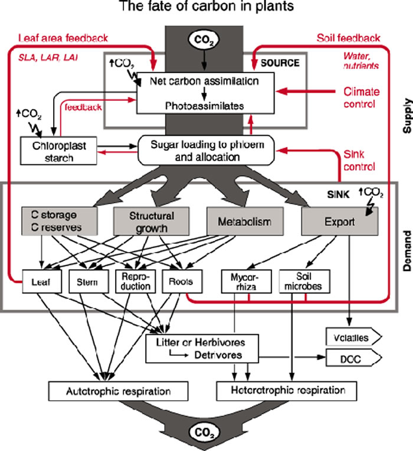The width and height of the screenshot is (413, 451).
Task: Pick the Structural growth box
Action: point(143,222)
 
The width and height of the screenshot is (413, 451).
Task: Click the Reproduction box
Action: point(137,282)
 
